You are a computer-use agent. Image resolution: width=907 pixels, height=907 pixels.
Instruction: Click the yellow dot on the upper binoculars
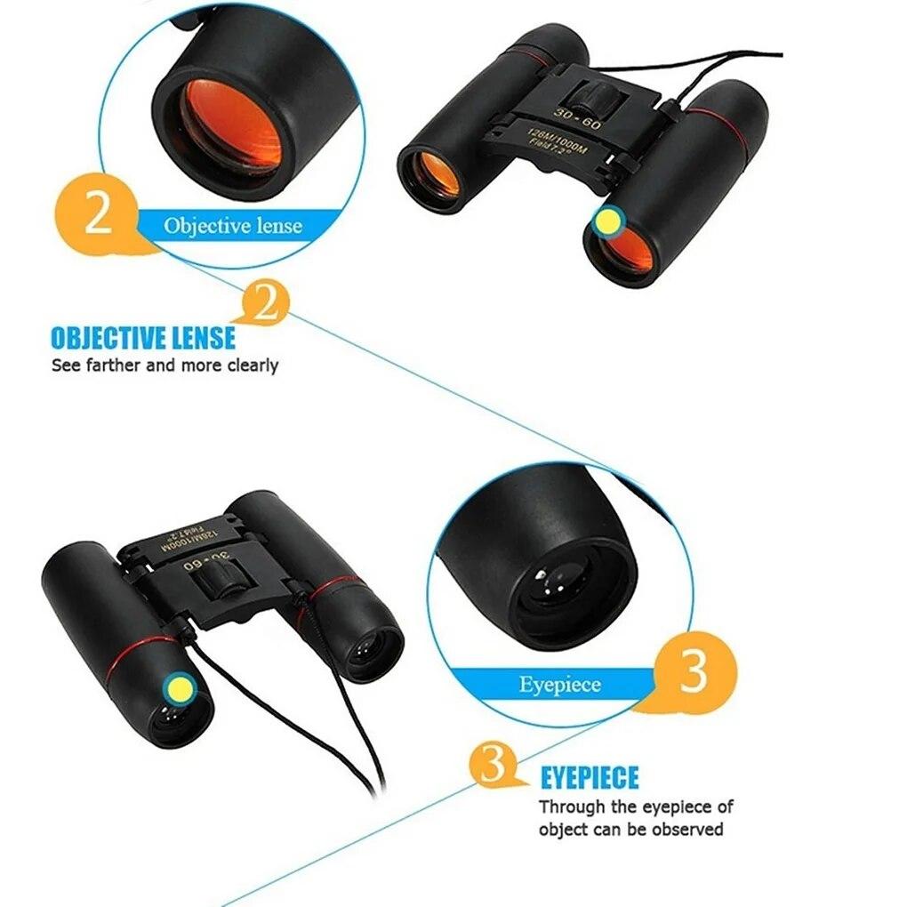[x=608, y=221]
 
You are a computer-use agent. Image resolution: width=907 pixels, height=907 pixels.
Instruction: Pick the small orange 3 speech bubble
[x=494, y=764]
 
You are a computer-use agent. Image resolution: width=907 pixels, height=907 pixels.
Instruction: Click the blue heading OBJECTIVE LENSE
[x=143, y=339]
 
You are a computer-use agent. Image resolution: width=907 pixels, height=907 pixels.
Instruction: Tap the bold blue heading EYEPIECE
[x=590, y=777]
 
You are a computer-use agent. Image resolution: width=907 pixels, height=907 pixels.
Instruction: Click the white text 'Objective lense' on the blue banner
[x=233, y=226]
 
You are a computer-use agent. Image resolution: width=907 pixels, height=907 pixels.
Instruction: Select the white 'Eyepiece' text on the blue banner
[x=559, y=685]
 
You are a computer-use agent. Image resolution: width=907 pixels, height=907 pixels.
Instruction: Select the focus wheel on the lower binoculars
[x=222, y=581]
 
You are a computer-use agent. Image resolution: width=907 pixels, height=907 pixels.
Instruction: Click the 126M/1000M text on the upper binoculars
[x=557, y=141]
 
